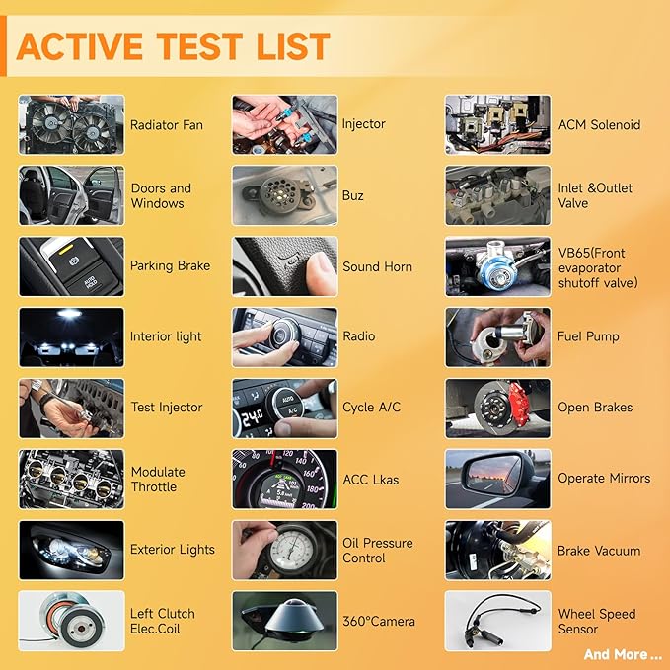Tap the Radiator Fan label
pos(167,125)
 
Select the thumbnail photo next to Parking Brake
pos(71,266)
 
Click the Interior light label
pos(166,336)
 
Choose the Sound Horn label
pos(377,266)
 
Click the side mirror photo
pos(497,479)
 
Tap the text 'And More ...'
pos(622,654)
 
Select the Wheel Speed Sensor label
pos(597,622)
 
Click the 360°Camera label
pos(379,621)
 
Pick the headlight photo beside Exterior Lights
pos(71,550)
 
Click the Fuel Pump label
pos(588,336)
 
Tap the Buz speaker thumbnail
pos(284,195)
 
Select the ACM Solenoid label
pos(600,125)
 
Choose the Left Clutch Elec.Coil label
pos(163,621)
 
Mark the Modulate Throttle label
pos(158,479)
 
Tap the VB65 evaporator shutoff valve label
pos(598,267)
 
